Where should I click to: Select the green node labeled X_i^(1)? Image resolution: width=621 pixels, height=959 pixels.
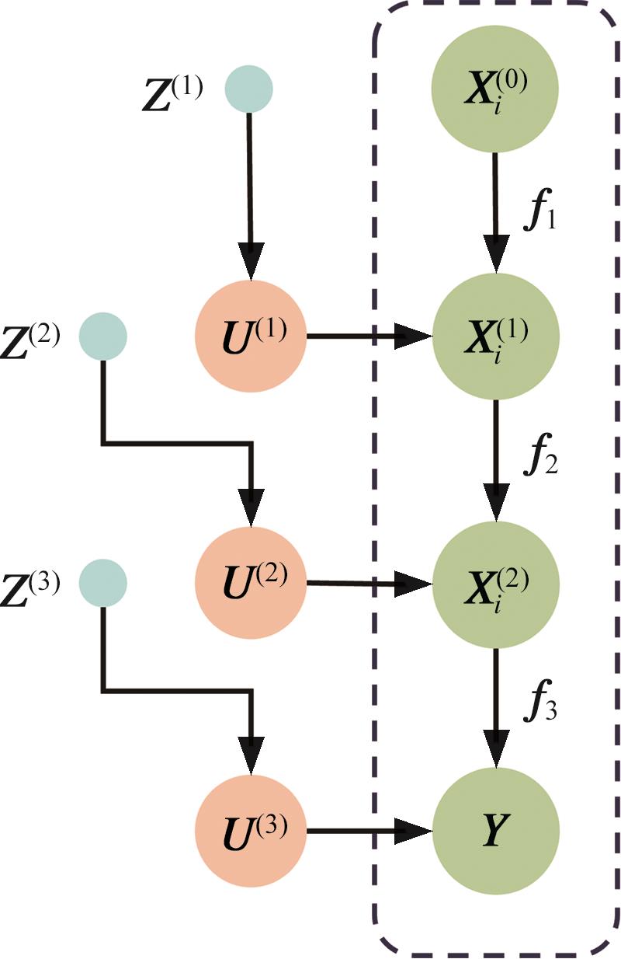point(496,336)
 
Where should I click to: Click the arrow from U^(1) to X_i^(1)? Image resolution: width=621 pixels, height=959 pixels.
point(369,337)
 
